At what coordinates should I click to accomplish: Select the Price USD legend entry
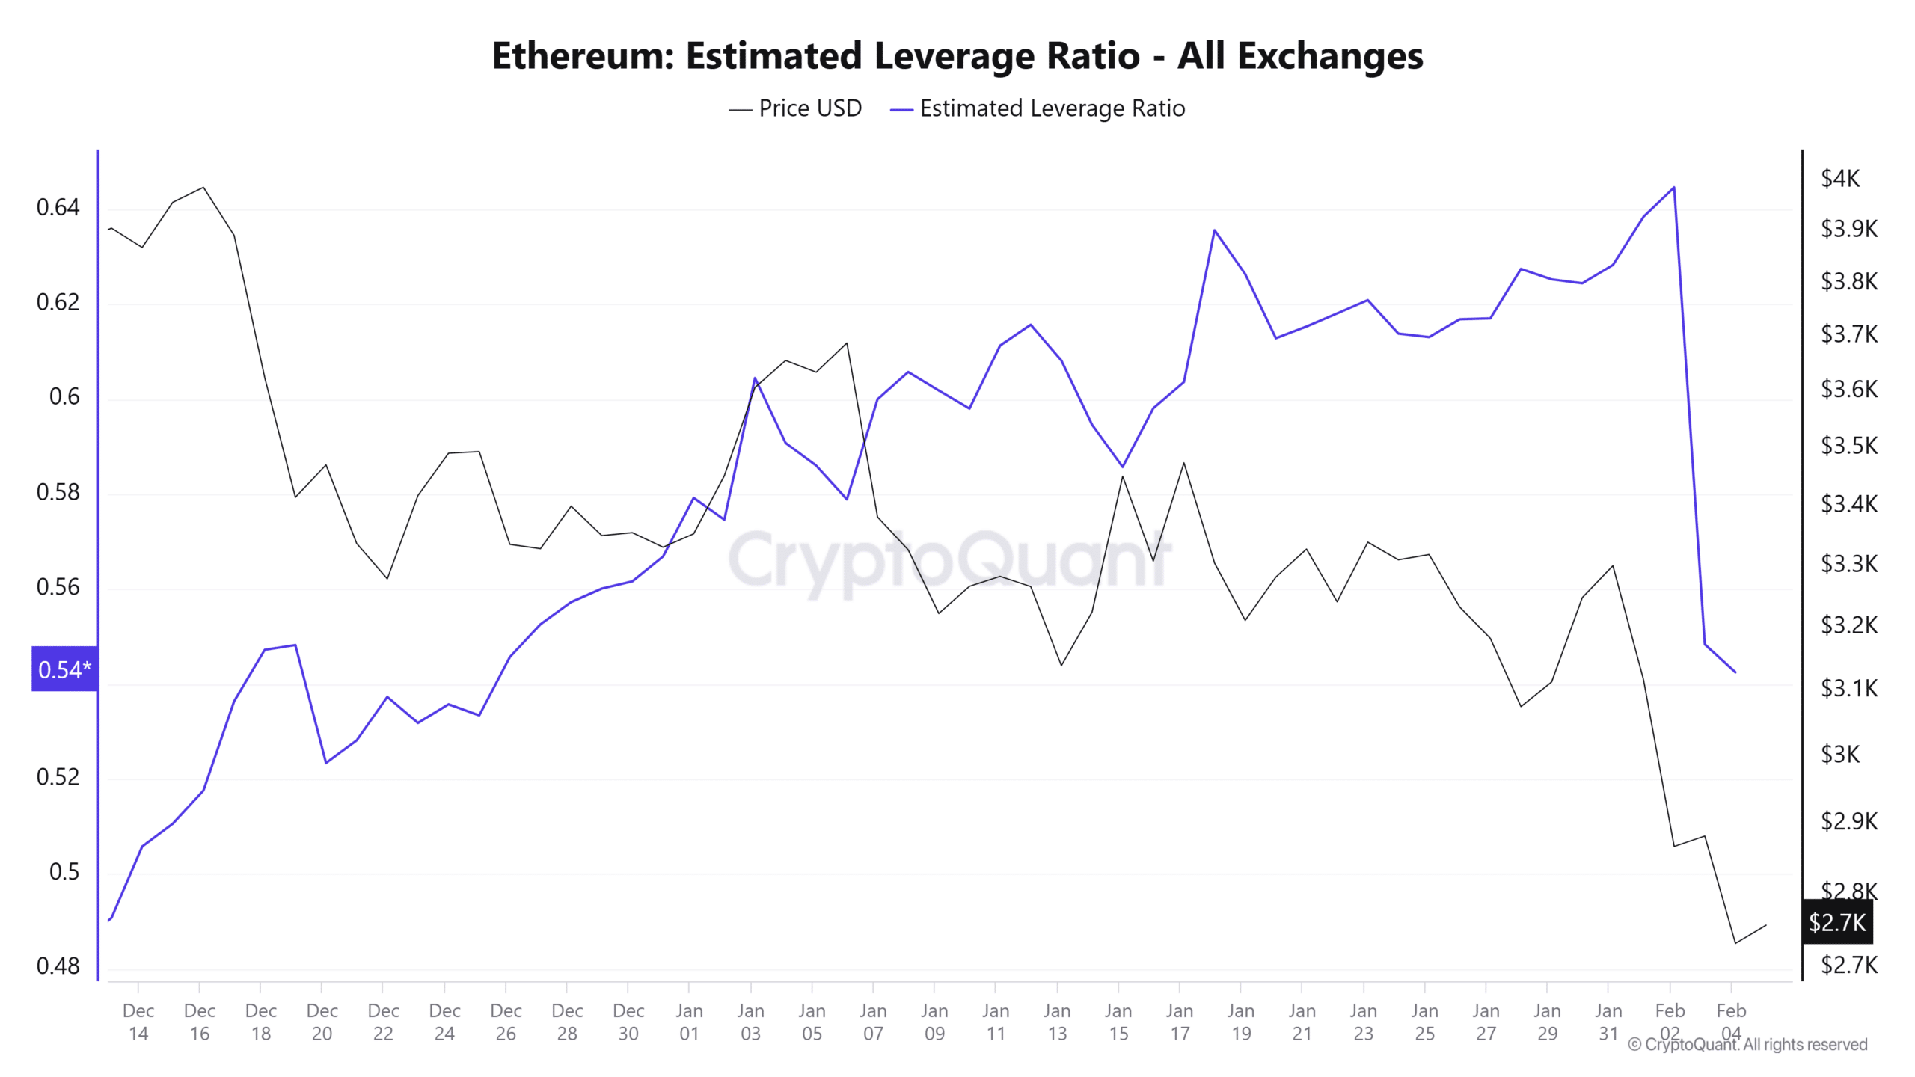[795, 108]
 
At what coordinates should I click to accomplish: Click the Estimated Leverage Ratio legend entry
[1038, 108]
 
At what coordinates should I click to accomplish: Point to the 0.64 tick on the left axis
[58, 207]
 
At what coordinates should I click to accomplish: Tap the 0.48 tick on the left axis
[58, 966]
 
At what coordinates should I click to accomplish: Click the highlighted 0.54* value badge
[64, 669]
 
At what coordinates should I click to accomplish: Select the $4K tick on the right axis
[1839, 178]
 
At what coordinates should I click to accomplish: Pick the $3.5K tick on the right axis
[1848, 446]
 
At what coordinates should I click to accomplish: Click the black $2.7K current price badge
[1837, 922]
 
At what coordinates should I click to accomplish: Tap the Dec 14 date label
[138, 1022]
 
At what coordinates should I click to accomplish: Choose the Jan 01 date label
[689, 1022]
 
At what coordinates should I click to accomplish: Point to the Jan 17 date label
[1179, 1022]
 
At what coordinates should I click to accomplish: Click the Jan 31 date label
[1608, 1022]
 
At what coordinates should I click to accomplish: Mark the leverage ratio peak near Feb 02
[1673, 188]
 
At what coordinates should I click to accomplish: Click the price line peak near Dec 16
[203, 188]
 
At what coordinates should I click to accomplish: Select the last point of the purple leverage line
[1735, 672]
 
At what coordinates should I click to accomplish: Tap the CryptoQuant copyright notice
[1747, 1044]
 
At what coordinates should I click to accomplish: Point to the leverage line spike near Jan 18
[1214, 230]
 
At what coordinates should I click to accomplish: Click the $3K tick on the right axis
[1839, 754]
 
